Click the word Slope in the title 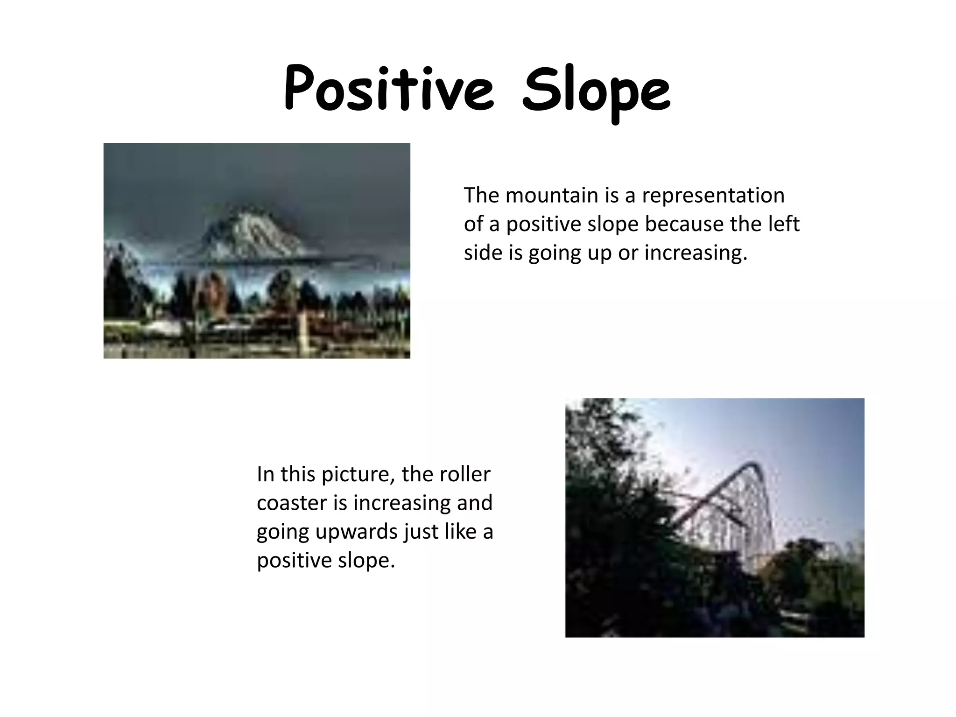pos(596,91)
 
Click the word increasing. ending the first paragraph pos(696,253)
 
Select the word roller pos(469,474)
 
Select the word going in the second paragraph pos(282,532)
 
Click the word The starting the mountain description pos(481,195)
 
